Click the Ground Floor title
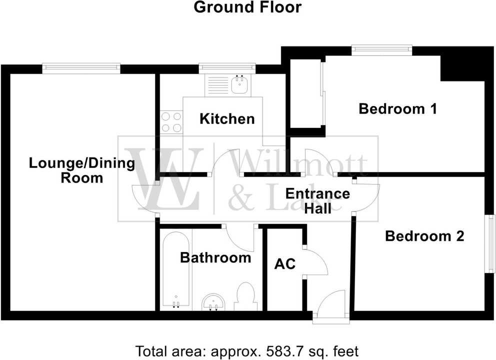pyautogui.click(x=247, y=7)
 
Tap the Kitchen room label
pyautogui.click(x=227, y=119)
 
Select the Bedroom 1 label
pyautogui.click(x=398, y=108)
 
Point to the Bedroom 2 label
pyautogui.click(x=424, y=236)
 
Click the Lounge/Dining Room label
pyautogui.click(x=82, y=170)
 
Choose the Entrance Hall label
pyautogui.click(x=317, y=200)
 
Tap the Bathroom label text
pyautogui.click(x=215, y=258)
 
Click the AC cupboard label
pyautogui.click(x=285, y=263)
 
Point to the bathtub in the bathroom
pyautogui.click(x=175, y=270)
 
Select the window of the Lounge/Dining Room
pyautogui.click(x=81, y=68)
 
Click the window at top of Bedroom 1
pyautogui.click(x=381, y=49)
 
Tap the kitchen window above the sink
pyautogui.click(x=227, y=68)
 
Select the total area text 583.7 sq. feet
pyautogui.click(x=247, y=351)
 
